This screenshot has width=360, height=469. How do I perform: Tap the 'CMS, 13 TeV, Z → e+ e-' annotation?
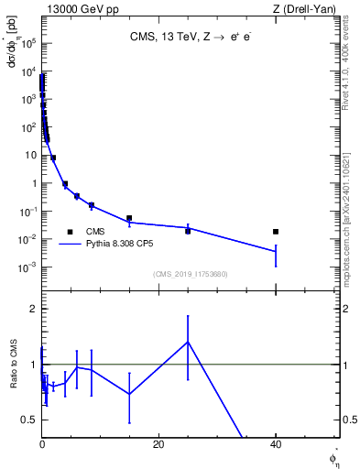190,38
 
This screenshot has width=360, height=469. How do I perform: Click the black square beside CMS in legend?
70,232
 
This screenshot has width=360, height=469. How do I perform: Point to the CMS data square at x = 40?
276,232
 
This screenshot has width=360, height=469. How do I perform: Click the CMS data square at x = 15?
129,218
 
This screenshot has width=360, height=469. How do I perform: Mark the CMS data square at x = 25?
188,231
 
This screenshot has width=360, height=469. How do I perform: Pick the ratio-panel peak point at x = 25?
188,342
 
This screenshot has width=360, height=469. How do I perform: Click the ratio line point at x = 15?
129,394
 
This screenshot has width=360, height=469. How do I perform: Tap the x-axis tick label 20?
158,444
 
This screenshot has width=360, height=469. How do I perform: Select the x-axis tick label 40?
276,444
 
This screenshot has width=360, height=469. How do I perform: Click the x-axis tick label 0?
42,444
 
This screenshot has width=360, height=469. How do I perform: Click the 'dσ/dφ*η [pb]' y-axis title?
12,64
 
